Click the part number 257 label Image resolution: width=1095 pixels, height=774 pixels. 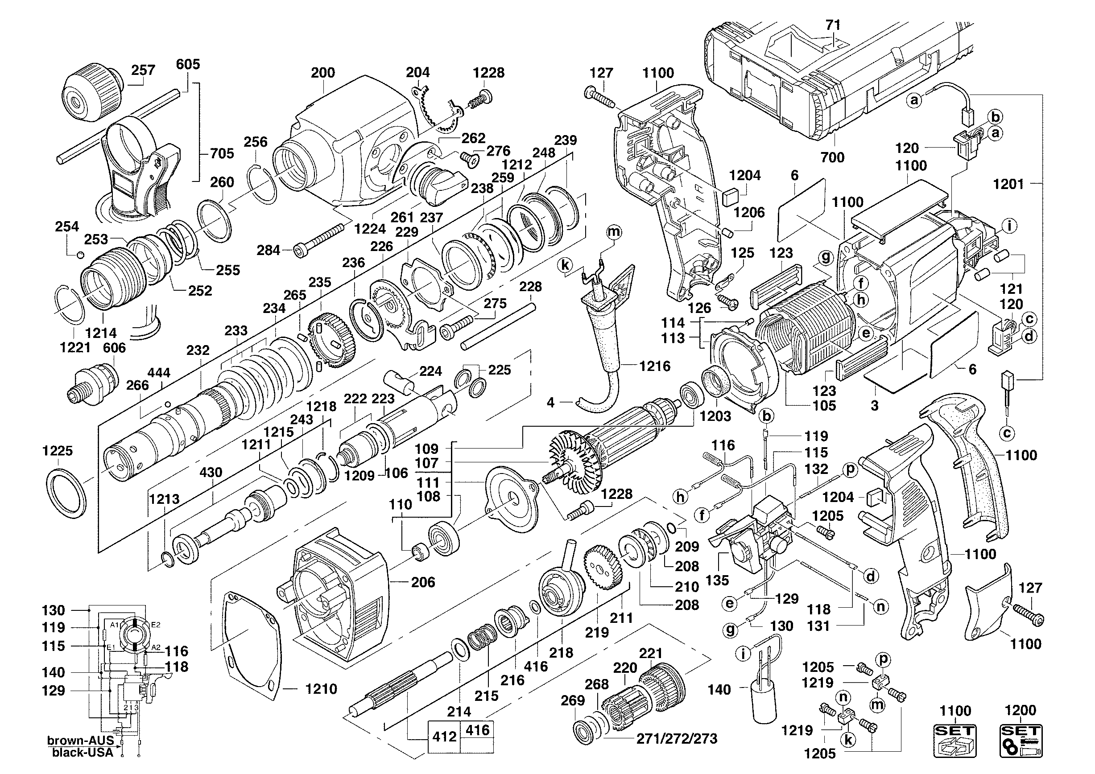(x=143, y=70)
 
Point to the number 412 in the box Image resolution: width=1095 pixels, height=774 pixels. (x=444, y=737)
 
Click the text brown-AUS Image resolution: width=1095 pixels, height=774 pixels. (x=81, y=741)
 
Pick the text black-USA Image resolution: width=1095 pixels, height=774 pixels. (x=83, y=753)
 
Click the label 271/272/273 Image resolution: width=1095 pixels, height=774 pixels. (x=677, y=739)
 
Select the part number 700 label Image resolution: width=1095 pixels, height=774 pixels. (x=832, y=157)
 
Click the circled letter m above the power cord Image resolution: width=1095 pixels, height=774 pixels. (x=614, y=232)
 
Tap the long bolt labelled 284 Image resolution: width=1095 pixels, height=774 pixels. (x=319, y=239)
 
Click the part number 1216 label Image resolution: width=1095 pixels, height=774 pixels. (x=655, y=366)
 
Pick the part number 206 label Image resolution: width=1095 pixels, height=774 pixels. (x=423, y=582)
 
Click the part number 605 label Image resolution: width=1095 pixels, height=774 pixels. (x=188, y=64)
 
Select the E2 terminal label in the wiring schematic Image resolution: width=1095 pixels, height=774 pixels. (x=156, y=625)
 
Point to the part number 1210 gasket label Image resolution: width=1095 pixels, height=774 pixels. (x=321, y=689)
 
